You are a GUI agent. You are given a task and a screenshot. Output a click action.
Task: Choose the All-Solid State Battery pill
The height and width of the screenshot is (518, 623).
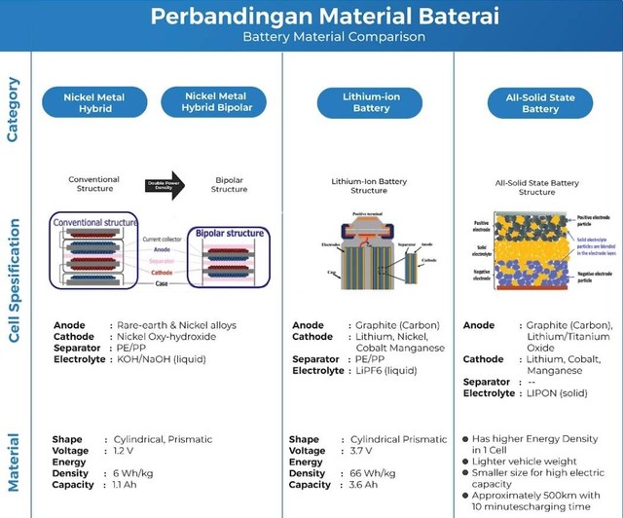[x=539, y=102]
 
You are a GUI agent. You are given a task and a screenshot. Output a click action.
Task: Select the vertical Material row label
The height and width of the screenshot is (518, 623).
[x=13, y=468]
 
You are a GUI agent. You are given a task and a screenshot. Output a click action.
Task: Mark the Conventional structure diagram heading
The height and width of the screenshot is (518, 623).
[x=95, y=223]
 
